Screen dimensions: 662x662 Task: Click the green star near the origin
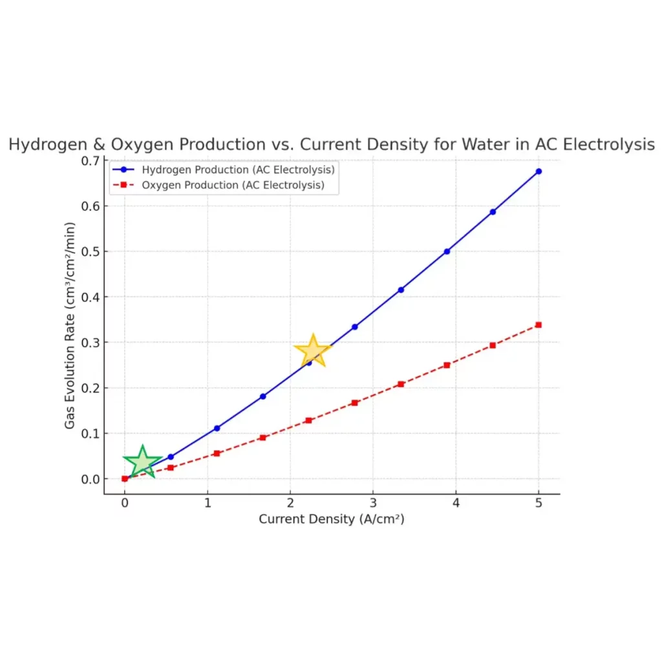coord(143,462)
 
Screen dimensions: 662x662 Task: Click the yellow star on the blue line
coord(313,350)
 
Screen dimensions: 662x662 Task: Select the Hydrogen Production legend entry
coord(224,170)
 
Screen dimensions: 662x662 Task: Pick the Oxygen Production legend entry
coord(219,185)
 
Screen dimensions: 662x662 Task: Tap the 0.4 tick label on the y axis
coord(91,297)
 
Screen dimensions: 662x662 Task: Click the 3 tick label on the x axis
coord(373,503)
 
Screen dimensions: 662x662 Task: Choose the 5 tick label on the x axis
coord(539,503)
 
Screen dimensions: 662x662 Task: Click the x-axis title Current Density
coord(332,519)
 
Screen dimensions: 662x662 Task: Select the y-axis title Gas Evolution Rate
coord(70,326)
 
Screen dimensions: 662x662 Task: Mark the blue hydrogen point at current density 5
coord(539,171)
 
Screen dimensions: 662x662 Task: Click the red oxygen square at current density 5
coord(539,325)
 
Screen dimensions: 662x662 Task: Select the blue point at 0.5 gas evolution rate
coord(447,251)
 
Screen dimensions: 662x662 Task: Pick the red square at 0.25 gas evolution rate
coord(447,365)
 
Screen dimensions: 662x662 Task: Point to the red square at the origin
coord(125,479)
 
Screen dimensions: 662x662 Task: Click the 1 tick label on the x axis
coord(208,503)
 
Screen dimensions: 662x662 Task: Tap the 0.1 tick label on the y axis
coord(91,434)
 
